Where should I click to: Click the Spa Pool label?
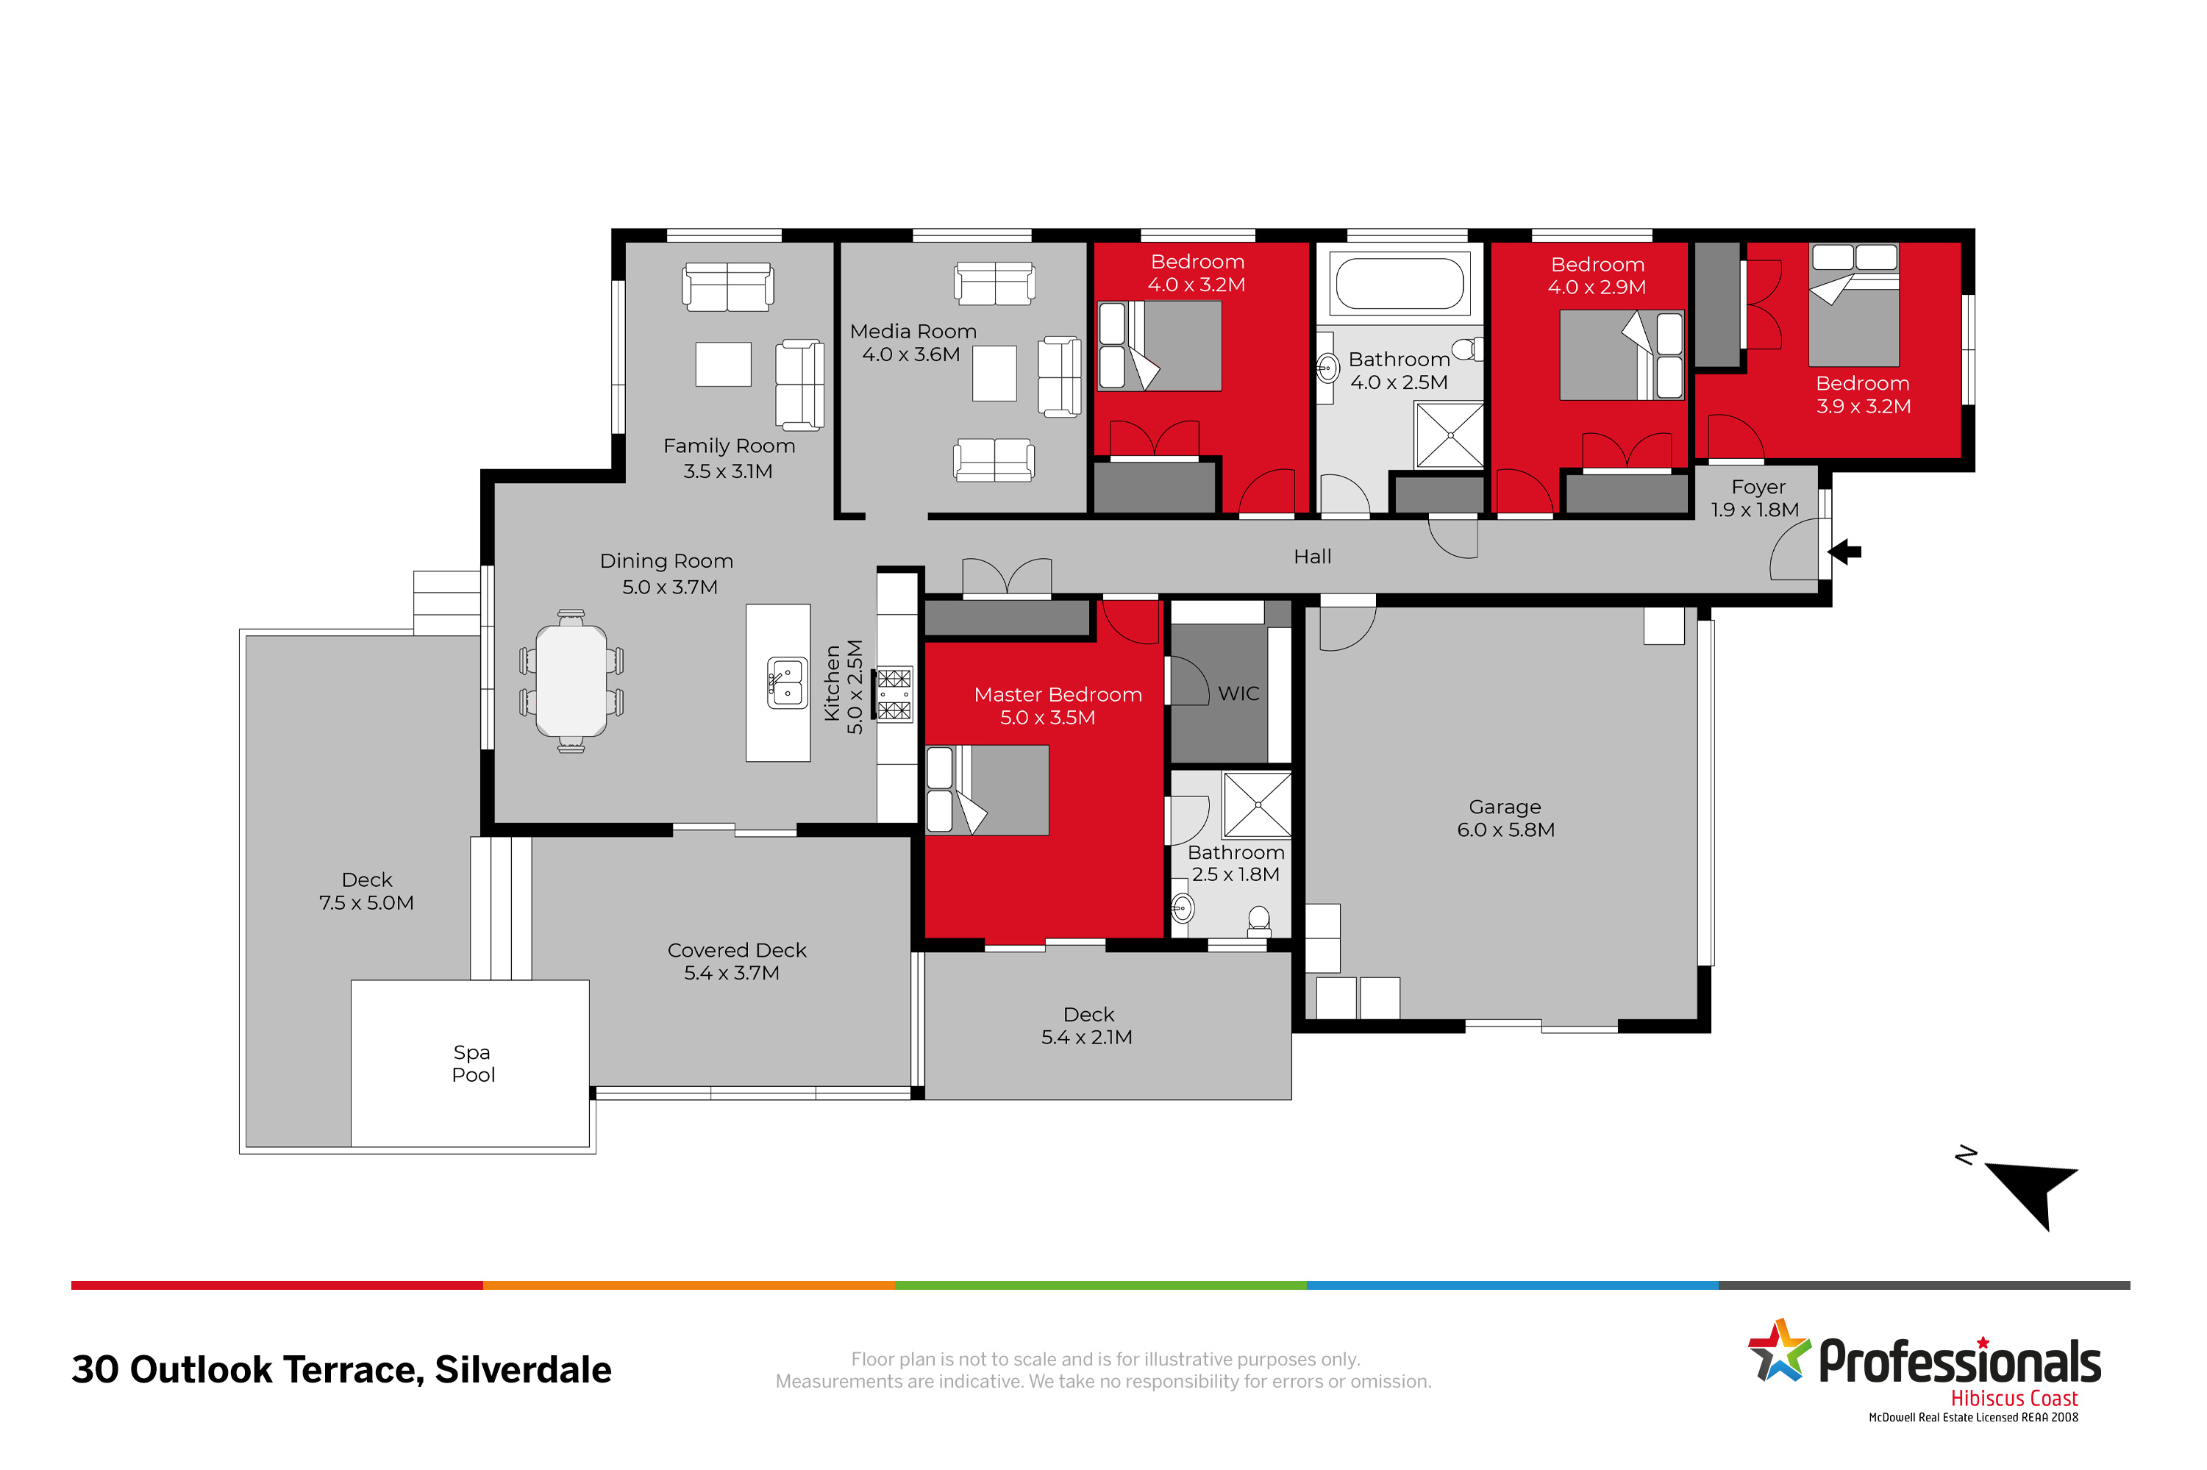(473, 1063)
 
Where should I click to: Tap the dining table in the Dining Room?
(571, 681)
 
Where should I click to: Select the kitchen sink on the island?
(787, 682)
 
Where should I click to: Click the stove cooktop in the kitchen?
(894, 693)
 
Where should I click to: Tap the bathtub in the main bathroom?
(1399, 283)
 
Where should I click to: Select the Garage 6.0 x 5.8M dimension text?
(1505, 829)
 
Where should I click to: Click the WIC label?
(1238, 693)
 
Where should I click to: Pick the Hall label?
(1312, 557)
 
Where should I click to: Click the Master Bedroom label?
(1058, 695)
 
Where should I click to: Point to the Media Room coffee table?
(994, 373)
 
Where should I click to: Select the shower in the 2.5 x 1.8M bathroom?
(1258, 805)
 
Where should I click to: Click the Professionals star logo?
(1778, 1351)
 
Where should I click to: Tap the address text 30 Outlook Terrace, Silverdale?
(341, 1370)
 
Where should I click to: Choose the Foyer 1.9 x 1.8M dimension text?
(1754, 510)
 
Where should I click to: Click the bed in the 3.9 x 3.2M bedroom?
(1853, 304)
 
